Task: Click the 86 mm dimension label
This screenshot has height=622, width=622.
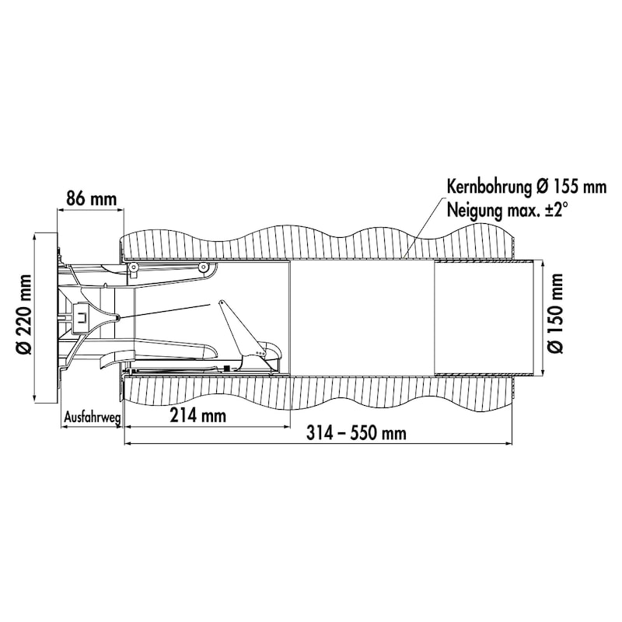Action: [91, 198]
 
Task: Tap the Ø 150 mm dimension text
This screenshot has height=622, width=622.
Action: [555, 313]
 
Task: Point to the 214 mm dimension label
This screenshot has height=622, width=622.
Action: [198, 415]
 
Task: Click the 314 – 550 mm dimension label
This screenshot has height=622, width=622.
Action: [356, 433]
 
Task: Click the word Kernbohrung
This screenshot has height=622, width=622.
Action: [489, 187]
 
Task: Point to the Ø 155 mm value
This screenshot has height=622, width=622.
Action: [571, 187]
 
